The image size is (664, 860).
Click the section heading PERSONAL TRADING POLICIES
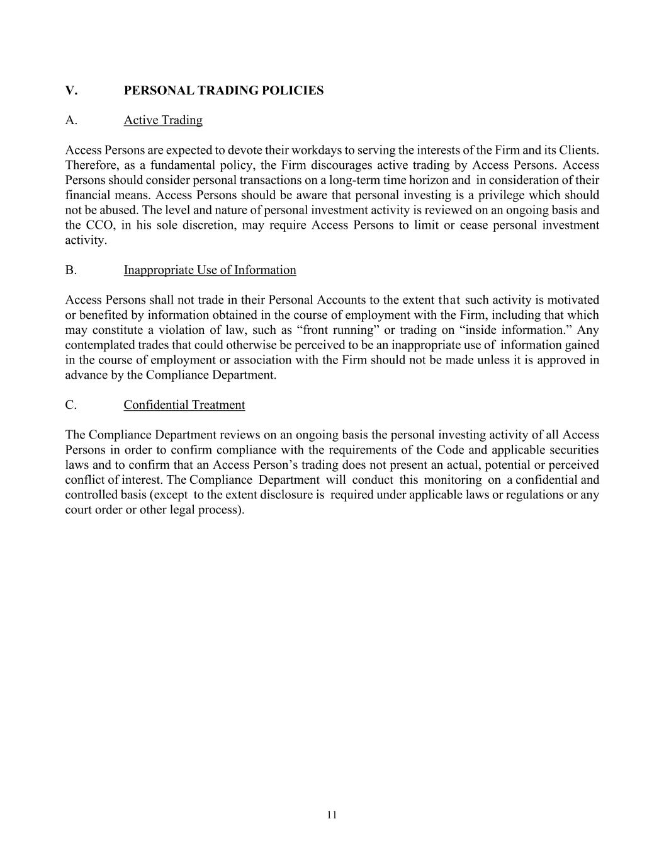tap(223, 90)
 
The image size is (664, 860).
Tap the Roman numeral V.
tap(71, 90)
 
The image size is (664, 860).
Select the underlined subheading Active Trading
tap(163, 120)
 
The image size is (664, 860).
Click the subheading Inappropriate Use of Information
tap(210, 270)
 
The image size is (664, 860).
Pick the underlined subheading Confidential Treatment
tap(184, 405)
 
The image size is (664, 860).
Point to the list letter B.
tap(70, 270)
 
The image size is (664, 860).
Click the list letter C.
tap(70, 405)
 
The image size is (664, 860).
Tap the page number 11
tap(332, 815)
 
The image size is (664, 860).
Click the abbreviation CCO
tap(98, 226)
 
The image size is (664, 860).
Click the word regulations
tap(527, 495)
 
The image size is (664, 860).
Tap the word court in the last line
tap(79, 510)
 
